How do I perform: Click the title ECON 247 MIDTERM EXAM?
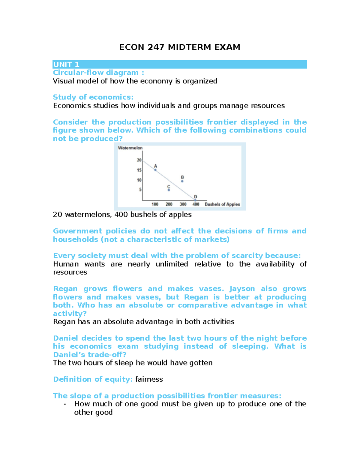[180, 47]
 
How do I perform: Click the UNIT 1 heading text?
[66, 65]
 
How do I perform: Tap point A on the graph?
[155, 170]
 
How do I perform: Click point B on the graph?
[182, 181]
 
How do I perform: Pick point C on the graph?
[169, 190]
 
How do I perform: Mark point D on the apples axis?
[195, 200]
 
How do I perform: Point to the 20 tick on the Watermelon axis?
[139, 160]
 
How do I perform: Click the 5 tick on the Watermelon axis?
[140, 190]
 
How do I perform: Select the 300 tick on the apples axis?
[183, 204]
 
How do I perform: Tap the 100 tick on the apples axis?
[155, 204]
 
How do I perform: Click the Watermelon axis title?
[130, 148]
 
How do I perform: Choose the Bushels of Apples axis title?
[222, 204]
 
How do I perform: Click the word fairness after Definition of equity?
[149, 379]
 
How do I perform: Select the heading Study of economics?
[93, 97]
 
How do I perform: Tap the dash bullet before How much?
[65, 404]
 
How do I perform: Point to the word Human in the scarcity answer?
[66, 264]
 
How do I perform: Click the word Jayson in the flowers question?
[242, 289]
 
